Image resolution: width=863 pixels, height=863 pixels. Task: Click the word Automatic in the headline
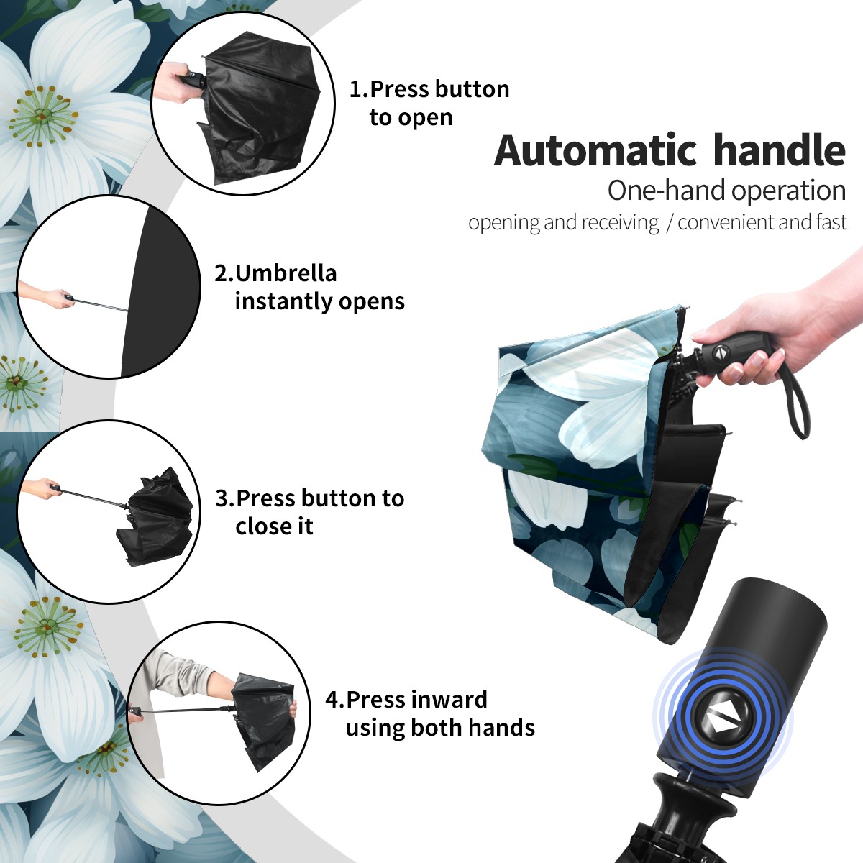pos(595,151)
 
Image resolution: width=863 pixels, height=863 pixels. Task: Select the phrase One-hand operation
pos(726,191)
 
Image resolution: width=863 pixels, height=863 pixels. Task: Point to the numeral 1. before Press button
pos(358,89)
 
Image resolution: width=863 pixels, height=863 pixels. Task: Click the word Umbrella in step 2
pos(286,273)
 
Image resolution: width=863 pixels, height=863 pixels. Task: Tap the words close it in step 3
pos(274,526)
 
